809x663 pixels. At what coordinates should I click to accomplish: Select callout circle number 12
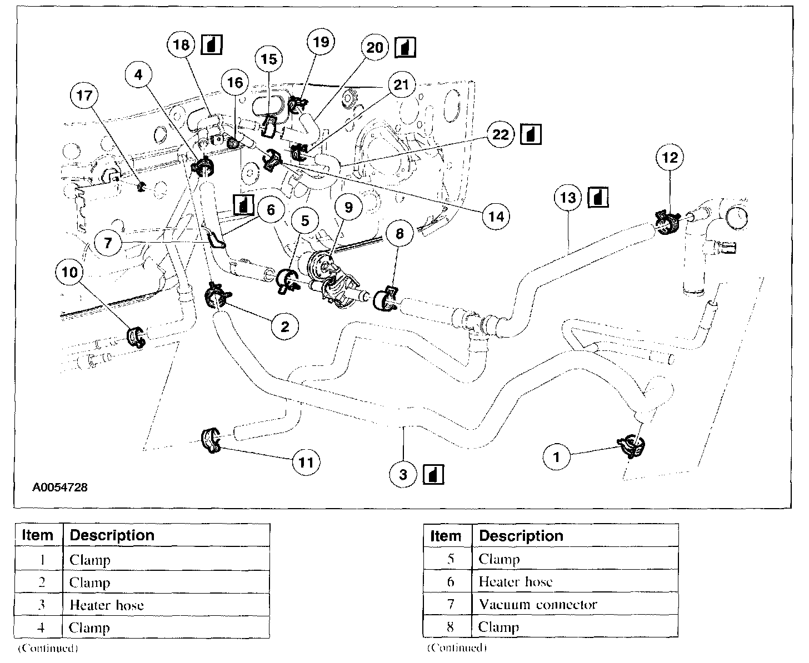[x=670, y=158]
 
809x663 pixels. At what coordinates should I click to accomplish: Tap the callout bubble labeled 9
[x=348, y=207]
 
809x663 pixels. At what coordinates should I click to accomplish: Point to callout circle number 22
[x=501, y=135]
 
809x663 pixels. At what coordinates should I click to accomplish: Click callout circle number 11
[x=306, y=462]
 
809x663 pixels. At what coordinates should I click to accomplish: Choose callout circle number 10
[x=69, y=272]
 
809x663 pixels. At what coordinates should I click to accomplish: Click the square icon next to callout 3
[x=433, y=474]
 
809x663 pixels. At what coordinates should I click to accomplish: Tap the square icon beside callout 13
[x=598, y=197]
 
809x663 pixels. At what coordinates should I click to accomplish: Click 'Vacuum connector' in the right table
[x=537, y=604]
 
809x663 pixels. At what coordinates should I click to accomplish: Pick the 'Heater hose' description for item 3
[x=106, y=605]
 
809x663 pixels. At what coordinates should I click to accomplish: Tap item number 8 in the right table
[x=451, y=627]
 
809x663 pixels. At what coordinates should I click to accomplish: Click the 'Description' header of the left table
[x=112, y=535]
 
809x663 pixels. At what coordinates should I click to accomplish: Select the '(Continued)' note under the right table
[x=457, y=648]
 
